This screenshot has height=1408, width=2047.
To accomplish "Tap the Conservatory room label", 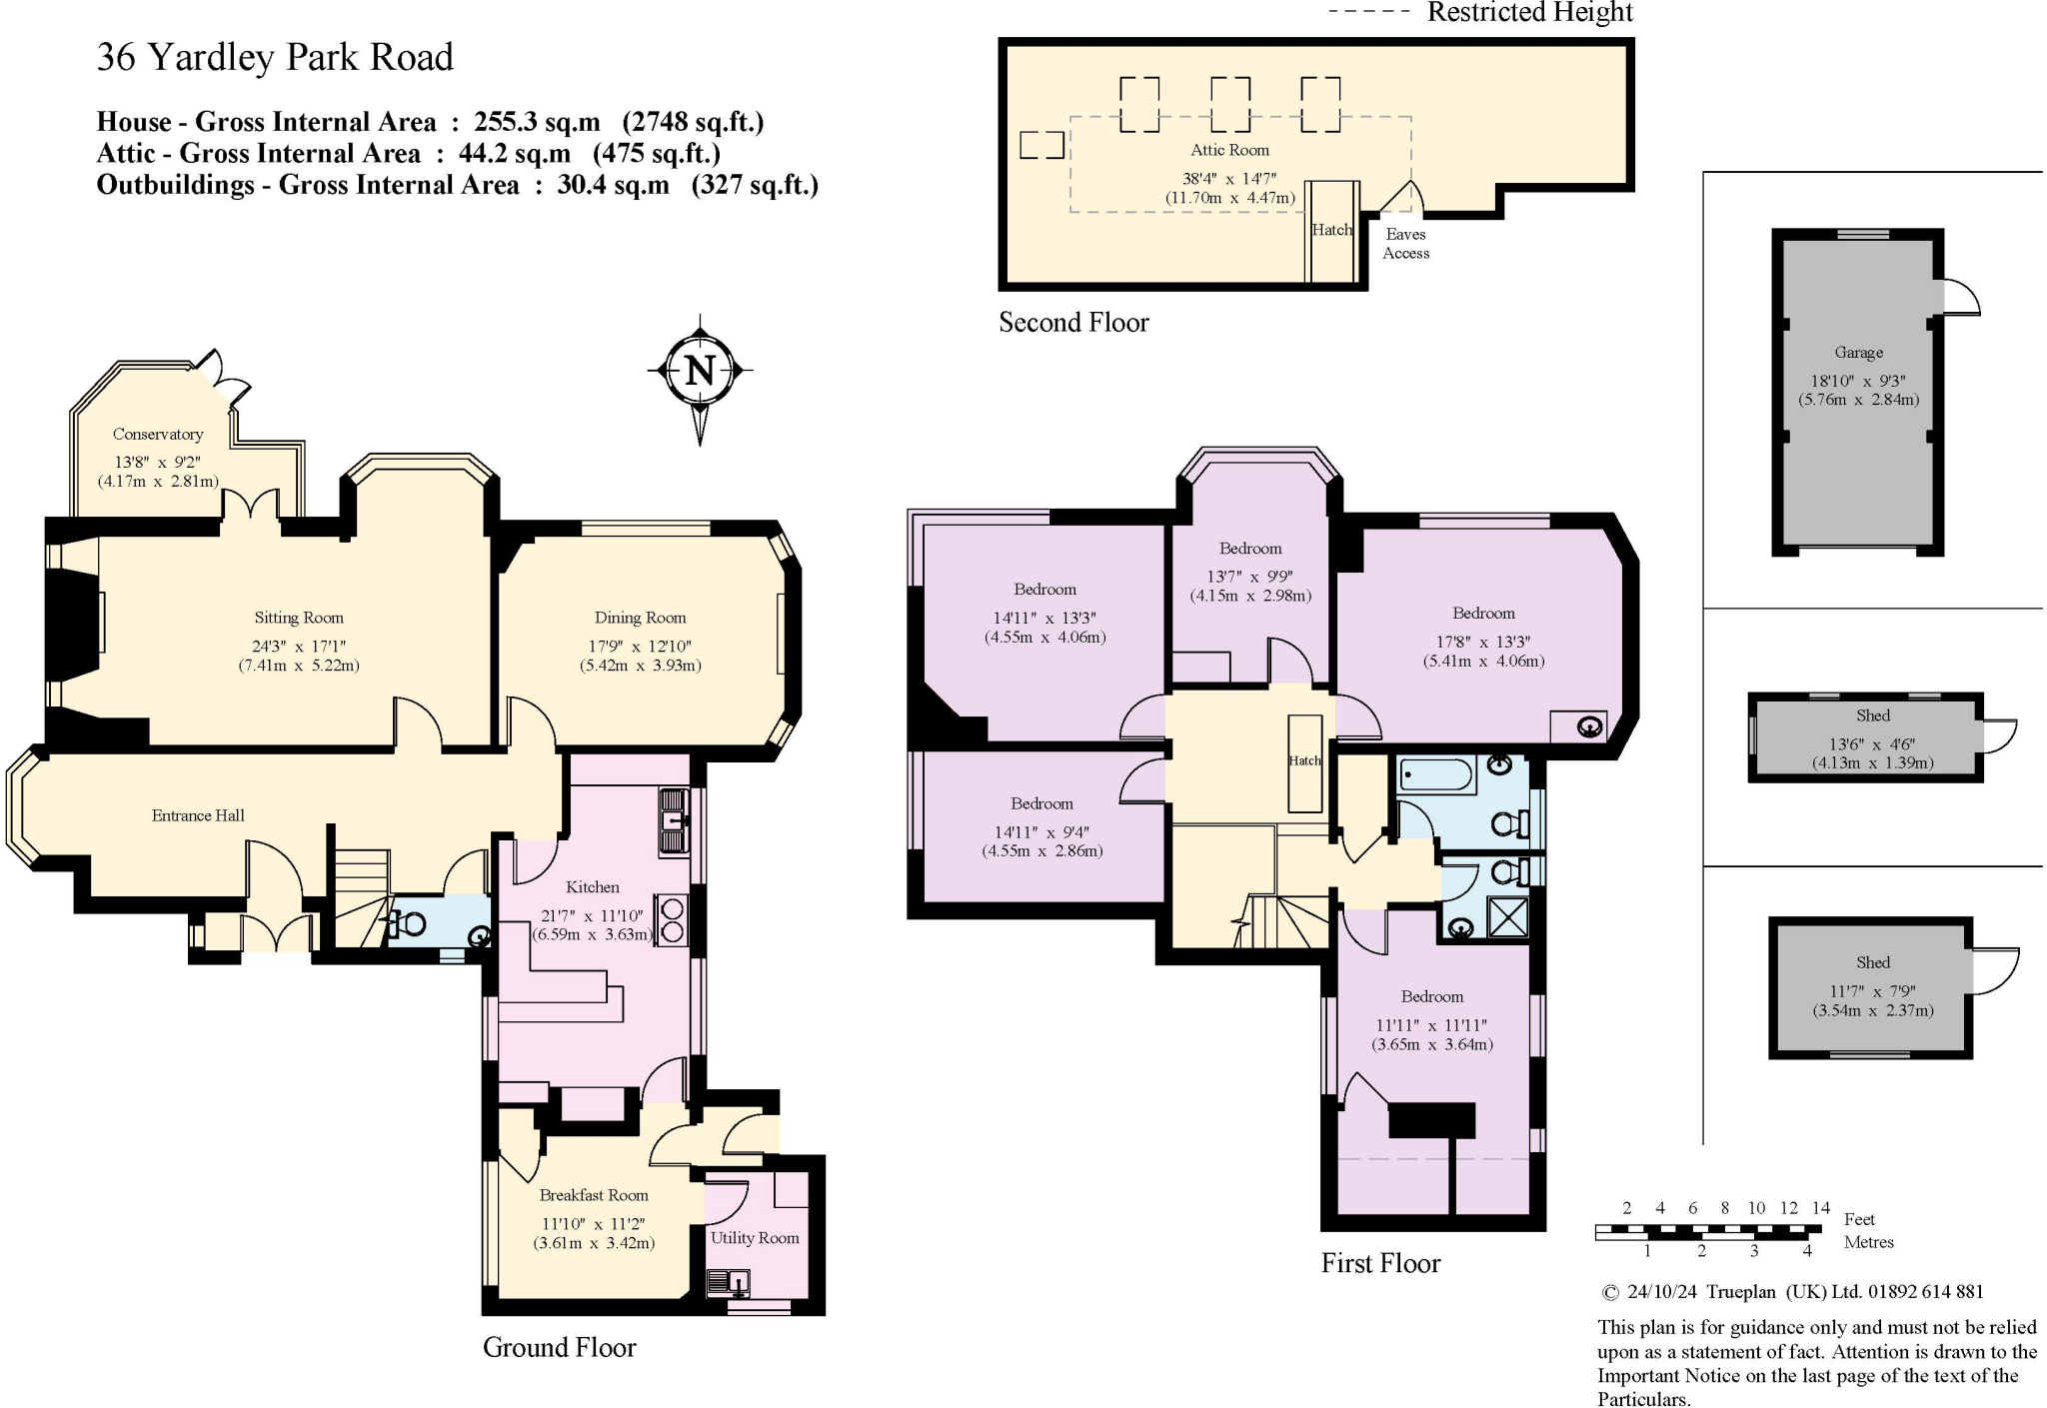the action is pos(158,435).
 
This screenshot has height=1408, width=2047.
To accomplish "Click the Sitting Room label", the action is pos(299,618).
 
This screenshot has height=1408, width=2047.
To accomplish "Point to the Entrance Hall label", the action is pos(198,815).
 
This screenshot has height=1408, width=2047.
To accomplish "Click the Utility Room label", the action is pos(755,1238).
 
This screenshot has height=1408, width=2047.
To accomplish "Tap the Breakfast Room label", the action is pos(594,1195).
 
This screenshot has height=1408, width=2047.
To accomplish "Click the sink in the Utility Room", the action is pos(729,1282).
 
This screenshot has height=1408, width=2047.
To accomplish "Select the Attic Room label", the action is pos(1230,150).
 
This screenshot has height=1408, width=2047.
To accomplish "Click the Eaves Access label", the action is pos(1406,244).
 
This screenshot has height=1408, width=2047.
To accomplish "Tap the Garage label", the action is pos(1859,353).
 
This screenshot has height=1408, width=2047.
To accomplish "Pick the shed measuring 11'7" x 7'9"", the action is pos(1871,987).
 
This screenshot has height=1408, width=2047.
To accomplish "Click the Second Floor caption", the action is pos(1074,322).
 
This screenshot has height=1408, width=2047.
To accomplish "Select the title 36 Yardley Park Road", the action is pos(275,57).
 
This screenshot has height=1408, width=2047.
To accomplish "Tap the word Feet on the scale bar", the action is pos(1859,1219).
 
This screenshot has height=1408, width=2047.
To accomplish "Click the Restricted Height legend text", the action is pos(1530,12).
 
